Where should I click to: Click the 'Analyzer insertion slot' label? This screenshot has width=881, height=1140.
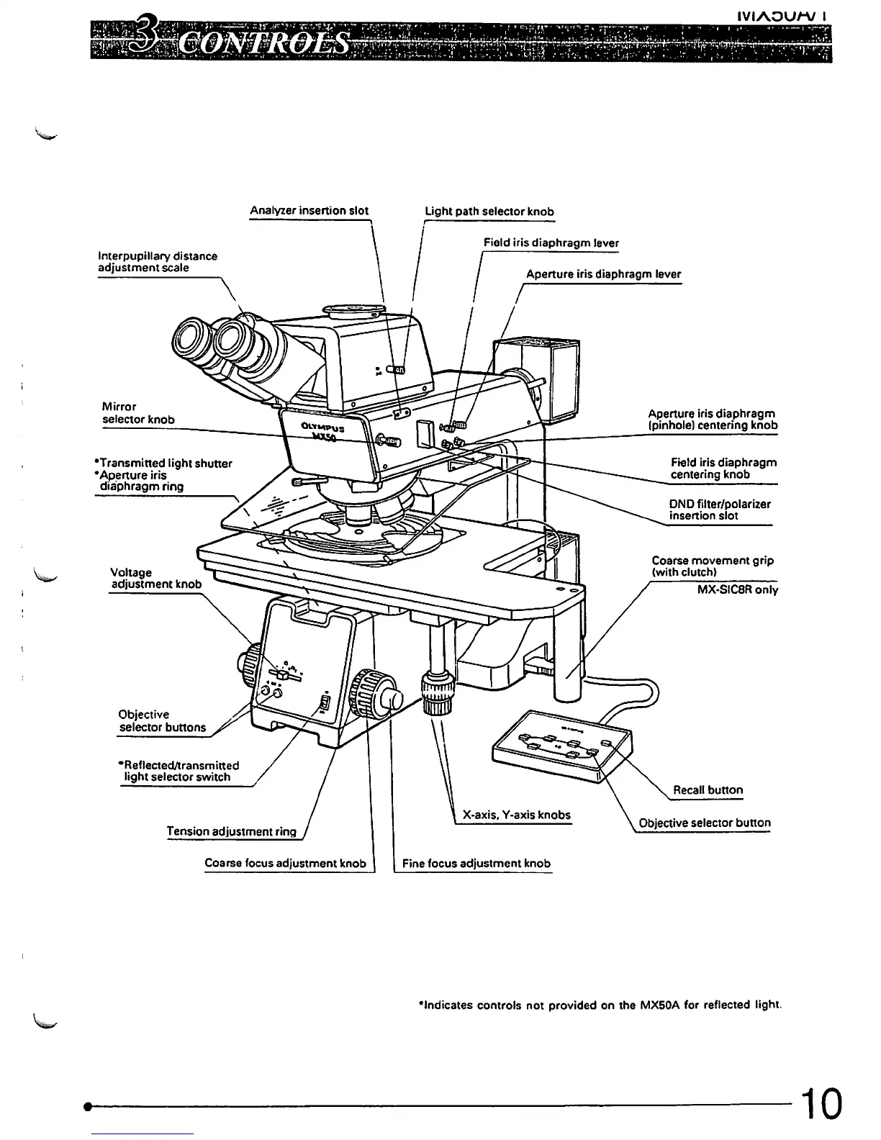coord(309,211)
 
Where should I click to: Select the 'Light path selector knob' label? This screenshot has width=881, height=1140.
coord(489,212)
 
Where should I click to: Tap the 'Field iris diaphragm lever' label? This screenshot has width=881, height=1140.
coord(551,243)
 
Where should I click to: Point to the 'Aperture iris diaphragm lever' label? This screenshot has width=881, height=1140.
coord(603,274)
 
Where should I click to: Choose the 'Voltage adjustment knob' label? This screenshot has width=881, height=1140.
coord(155,578)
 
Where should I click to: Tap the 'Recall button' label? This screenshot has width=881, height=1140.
coord(708,790)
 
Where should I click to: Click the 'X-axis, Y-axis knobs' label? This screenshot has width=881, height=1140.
coord(516,815)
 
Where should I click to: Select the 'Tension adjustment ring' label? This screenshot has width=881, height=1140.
coord(231,831)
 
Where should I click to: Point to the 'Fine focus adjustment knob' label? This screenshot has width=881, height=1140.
coord(476,864)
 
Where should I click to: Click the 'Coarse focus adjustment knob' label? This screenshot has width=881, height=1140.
coord(285,864)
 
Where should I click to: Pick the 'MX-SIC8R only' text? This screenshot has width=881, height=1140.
coord(737,590)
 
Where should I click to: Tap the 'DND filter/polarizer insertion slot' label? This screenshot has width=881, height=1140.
coord(719,510)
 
